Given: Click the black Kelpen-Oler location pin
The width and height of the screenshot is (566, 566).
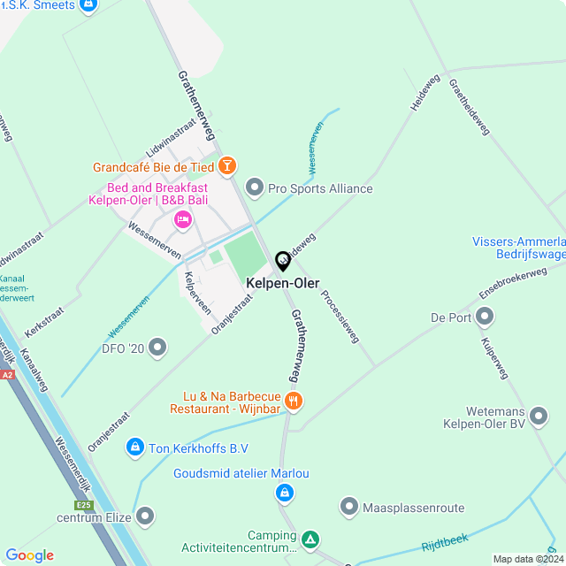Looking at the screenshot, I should (x=283, y=261).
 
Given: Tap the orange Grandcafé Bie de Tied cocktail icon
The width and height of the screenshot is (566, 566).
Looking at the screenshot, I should (x=227, y=165).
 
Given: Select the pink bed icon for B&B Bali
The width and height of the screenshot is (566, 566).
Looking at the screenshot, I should (x=183, y=218).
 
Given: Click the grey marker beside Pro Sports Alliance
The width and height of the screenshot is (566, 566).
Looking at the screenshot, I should (x=255, y=187).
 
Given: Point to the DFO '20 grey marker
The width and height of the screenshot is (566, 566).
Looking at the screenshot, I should (x=158, y=348).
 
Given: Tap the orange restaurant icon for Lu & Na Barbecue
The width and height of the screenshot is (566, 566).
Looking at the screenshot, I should (x=294, y=402).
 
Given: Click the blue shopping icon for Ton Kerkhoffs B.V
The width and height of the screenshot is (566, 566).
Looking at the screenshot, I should (x=134, y=448).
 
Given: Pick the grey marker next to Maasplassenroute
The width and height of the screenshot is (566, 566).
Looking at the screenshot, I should (x=348, y=507).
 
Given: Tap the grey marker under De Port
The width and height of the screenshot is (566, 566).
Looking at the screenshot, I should (x=485, y=316).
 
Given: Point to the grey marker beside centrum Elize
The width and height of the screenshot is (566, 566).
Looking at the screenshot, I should (x=145, y=516).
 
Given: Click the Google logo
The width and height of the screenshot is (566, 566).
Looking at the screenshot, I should (x=29, y=555).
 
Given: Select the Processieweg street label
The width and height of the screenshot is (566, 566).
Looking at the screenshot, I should (x=340, y=316).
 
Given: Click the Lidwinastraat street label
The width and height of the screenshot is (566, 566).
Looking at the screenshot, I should (x=172, y=140).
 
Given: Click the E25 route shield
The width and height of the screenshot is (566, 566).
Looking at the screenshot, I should (x=85, y=505).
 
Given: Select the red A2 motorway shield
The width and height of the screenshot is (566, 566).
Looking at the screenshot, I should (x=8, y=375).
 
